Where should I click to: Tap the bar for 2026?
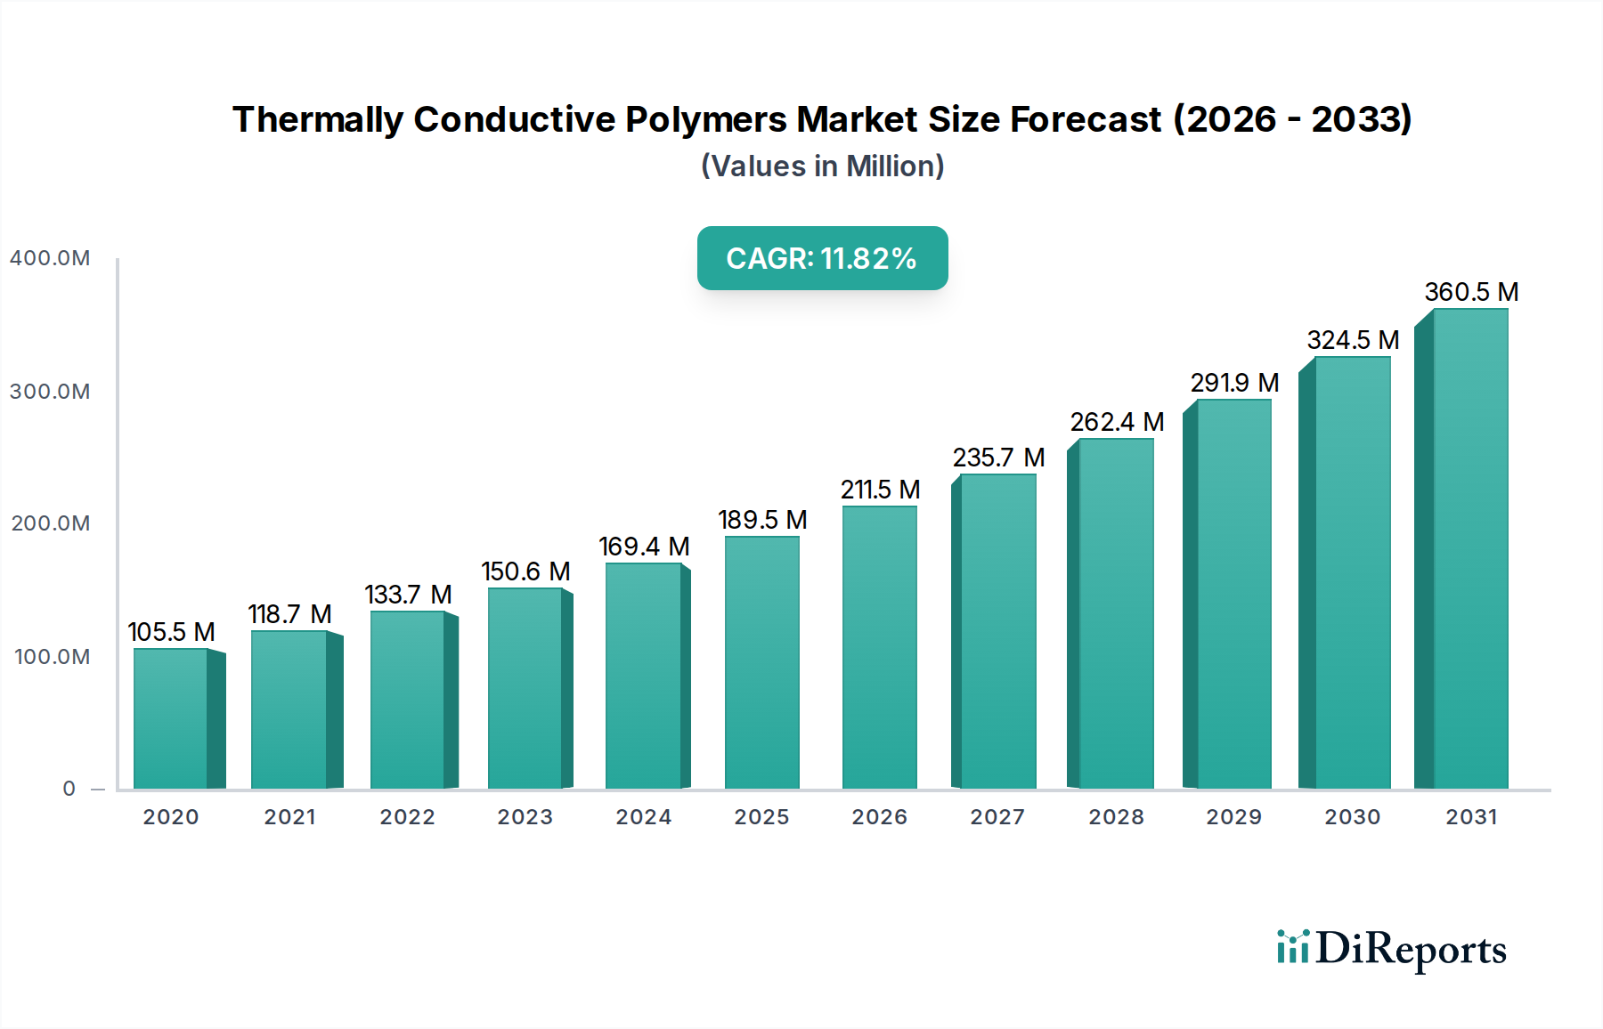(879, 647)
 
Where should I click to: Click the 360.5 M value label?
(1471, 292)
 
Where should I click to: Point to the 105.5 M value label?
(171, 632)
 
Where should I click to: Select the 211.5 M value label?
(880, 490)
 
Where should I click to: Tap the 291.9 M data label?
(1234, 383)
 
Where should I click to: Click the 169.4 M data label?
(644, 547)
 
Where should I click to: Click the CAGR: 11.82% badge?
(822, 258)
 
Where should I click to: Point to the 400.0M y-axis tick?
(50, 258)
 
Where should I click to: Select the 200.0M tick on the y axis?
(51, 523)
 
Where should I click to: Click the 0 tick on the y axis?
(69, 789)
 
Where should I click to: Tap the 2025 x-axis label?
(761, 817)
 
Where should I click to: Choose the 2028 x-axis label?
(1116, 817)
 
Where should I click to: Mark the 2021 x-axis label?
(289, 817)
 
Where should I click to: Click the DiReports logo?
(1391, 950)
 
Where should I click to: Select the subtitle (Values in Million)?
(822, 166)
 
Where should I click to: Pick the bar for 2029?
(1233, 594)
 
